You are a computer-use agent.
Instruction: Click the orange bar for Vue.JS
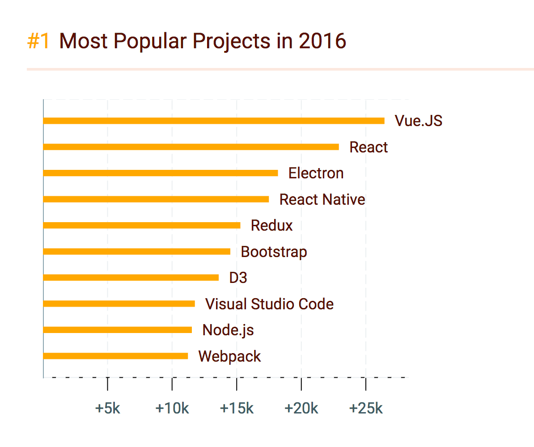tap(214, 121)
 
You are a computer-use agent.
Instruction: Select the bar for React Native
tap(156, 199)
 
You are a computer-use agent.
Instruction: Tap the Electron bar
tap(161, 173)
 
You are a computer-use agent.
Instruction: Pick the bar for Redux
tap(142, 225)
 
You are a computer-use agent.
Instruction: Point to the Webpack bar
tap(115, 356)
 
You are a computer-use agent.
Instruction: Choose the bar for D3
tap(131, 278)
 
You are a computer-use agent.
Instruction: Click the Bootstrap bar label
tap(274, 252)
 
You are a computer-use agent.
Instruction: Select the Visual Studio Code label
tap(269, 304)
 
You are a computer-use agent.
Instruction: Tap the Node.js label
tap(228, 330)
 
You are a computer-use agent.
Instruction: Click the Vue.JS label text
tap(418, 121)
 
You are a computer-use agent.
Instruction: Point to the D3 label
tap(238, 278)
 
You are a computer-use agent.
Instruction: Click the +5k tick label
tap(108, 409)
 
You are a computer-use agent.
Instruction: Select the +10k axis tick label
tap(172, 409)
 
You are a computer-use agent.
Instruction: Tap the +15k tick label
tap(237, 409)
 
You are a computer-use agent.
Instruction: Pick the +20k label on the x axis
tap(301, 409)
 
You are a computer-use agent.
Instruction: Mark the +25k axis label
tap(366, 409)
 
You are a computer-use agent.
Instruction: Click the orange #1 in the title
tap(38, 41)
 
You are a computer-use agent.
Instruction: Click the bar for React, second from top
tap(191, 147)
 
